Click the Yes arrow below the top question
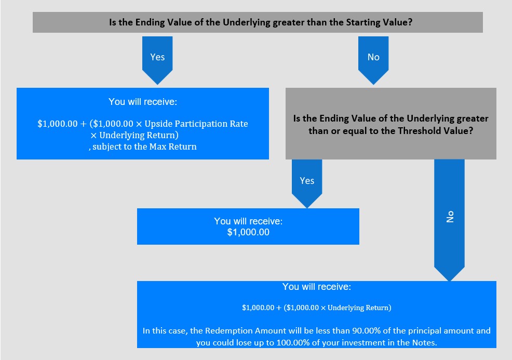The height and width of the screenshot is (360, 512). pos(157,60)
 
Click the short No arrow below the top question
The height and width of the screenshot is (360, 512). pos(373,60)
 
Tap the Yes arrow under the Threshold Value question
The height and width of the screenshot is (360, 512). pos(307,183)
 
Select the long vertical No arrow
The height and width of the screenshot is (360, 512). pos(449,220)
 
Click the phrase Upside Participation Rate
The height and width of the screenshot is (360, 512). pos(196,124)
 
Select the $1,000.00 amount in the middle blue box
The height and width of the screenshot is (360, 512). pos(248,232)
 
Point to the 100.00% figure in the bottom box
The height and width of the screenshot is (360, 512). pos(293,343)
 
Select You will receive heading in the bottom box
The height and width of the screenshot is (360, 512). pos(317,287)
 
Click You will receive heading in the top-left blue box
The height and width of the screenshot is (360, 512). pos(143,102)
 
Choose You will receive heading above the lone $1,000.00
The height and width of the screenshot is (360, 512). pos(248,221)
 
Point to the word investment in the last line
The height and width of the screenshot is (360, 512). pos(359,343)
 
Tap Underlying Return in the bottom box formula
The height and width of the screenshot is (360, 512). pos(359,308)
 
